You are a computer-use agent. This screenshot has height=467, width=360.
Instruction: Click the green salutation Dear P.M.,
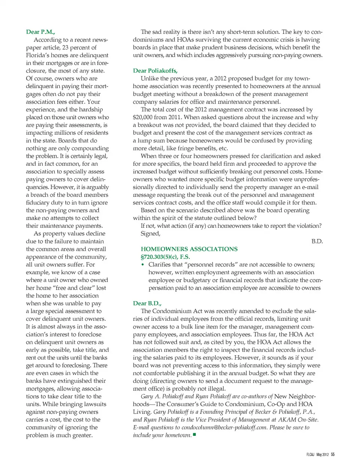[40, 32]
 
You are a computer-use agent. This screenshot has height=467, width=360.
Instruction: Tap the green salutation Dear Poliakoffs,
[155, 71]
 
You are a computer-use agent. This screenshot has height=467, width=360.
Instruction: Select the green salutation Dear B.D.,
[147, 303]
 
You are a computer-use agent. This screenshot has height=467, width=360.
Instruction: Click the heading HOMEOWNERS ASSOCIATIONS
[189, 249]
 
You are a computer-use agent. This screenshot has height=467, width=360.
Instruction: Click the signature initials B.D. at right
[317, 241]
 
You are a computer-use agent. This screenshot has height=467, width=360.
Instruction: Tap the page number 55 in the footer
[333, 455]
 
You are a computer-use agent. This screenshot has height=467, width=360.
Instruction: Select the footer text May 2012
[322, 455]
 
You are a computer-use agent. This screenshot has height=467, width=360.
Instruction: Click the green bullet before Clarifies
[142, 265]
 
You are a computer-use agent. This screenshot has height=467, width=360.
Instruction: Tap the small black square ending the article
[195, 435]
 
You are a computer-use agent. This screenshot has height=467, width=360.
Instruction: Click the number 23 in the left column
[66, 47]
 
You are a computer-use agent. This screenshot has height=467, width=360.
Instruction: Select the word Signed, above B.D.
[150, 233]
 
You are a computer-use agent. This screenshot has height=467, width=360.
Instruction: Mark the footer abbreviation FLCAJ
[310, 455]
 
